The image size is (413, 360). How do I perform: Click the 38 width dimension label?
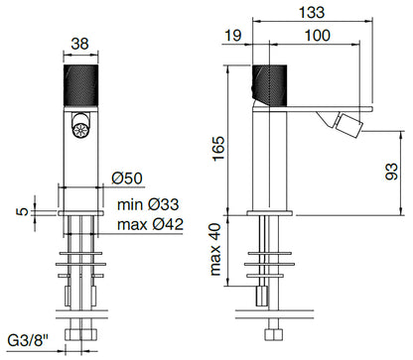[80, 43]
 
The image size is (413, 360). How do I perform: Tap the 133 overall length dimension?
[312, 12]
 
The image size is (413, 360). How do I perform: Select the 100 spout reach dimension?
[317, 35]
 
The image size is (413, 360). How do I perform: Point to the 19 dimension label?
[232, 35]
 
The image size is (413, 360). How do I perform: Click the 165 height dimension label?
[218, 149]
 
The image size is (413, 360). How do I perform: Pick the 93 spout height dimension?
[392, 172]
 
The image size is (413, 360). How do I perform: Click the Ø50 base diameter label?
[127, 179]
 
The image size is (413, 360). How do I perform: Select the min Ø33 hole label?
[148, 204]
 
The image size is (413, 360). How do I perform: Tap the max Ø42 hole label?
[150, 224]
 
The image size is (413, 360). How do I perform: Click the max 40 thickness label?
[215, 250]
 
